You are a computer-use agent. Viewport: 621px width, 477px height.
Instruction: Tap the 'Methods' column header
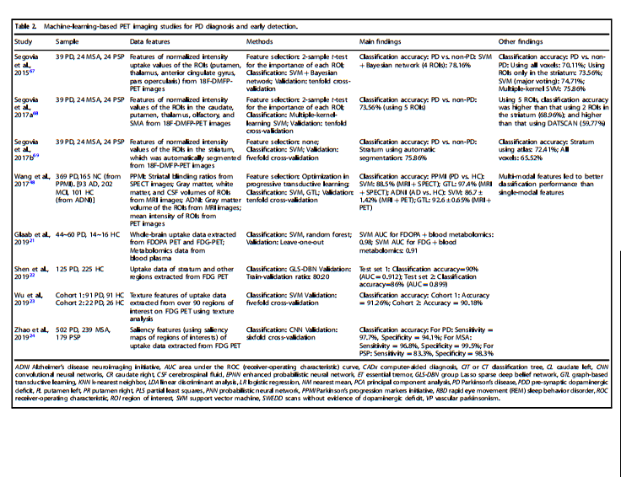[x=260, y=40]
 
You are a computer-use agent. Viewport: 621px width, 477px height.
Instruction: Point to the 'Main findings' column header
[x=383, y=40]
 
